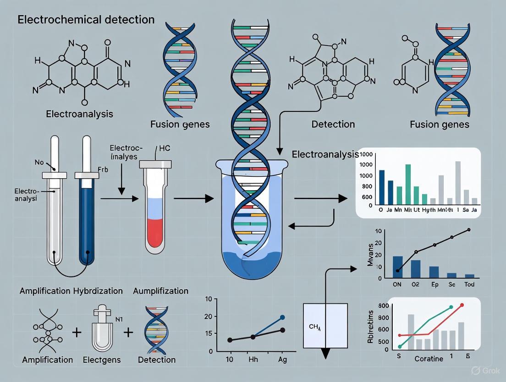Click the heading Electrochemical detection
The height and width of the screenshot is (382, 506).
tap(86, 20)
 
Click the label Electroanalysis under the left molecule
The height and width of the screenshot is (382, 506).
tap(79, 113)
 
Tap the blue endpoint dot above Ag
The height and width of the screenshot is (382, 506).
tap(282, 317)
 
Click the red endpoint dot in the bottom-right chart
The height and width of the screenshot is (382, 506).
tap(462, 304)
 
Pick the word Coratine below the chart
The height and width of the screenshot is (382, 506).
tap(429, 359)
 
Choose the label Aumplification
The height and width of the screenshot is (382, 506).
tap(160, 291)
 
